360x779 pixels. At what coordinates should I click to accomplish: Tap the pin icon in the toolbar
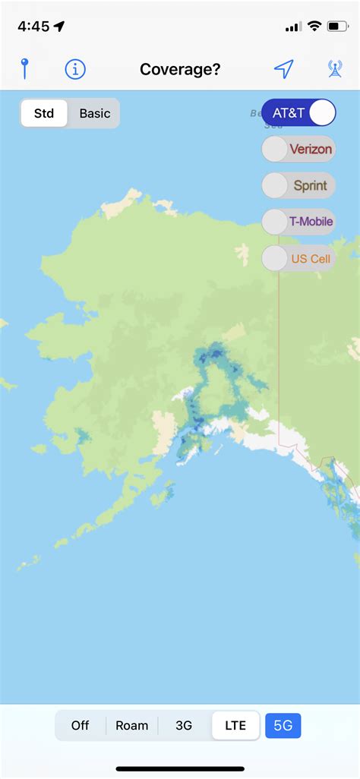[x=24, y=69]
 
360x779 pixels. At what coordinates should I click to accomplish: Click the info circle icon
[x=75, y=69]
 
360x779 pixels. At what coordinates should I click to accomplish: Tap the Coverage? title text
[x=180, y=70]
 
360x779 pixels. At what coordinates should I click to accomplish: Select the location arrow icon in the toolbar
[x=283, y=69]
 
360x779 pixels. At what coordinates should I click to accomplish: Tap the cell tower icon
[x=334, y=69]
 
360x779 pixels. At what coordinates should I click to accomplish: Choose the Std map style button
[x=44, y=114]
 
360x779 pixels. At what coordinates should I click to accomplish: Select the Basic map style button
[x=95, y=114]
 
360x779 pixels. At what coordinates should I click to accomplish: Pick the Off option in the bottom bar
[x=81, y=725]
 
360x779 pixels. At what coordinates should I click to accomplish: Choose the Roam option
[x=132, y=725]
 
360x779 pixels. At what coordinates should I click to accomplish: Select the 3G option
[x=184, y=725]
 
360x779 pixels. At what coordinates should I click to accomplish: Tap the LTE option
[x=235, y=725]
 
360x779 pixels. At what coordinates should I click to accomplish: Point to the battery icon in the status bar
[x=337, y=27]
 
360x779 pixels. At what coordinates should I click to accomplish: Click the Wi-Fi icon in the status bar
[x=314, y=27]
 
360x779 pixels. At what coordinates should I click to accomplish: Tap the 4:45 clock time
[x=33, y=27]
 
